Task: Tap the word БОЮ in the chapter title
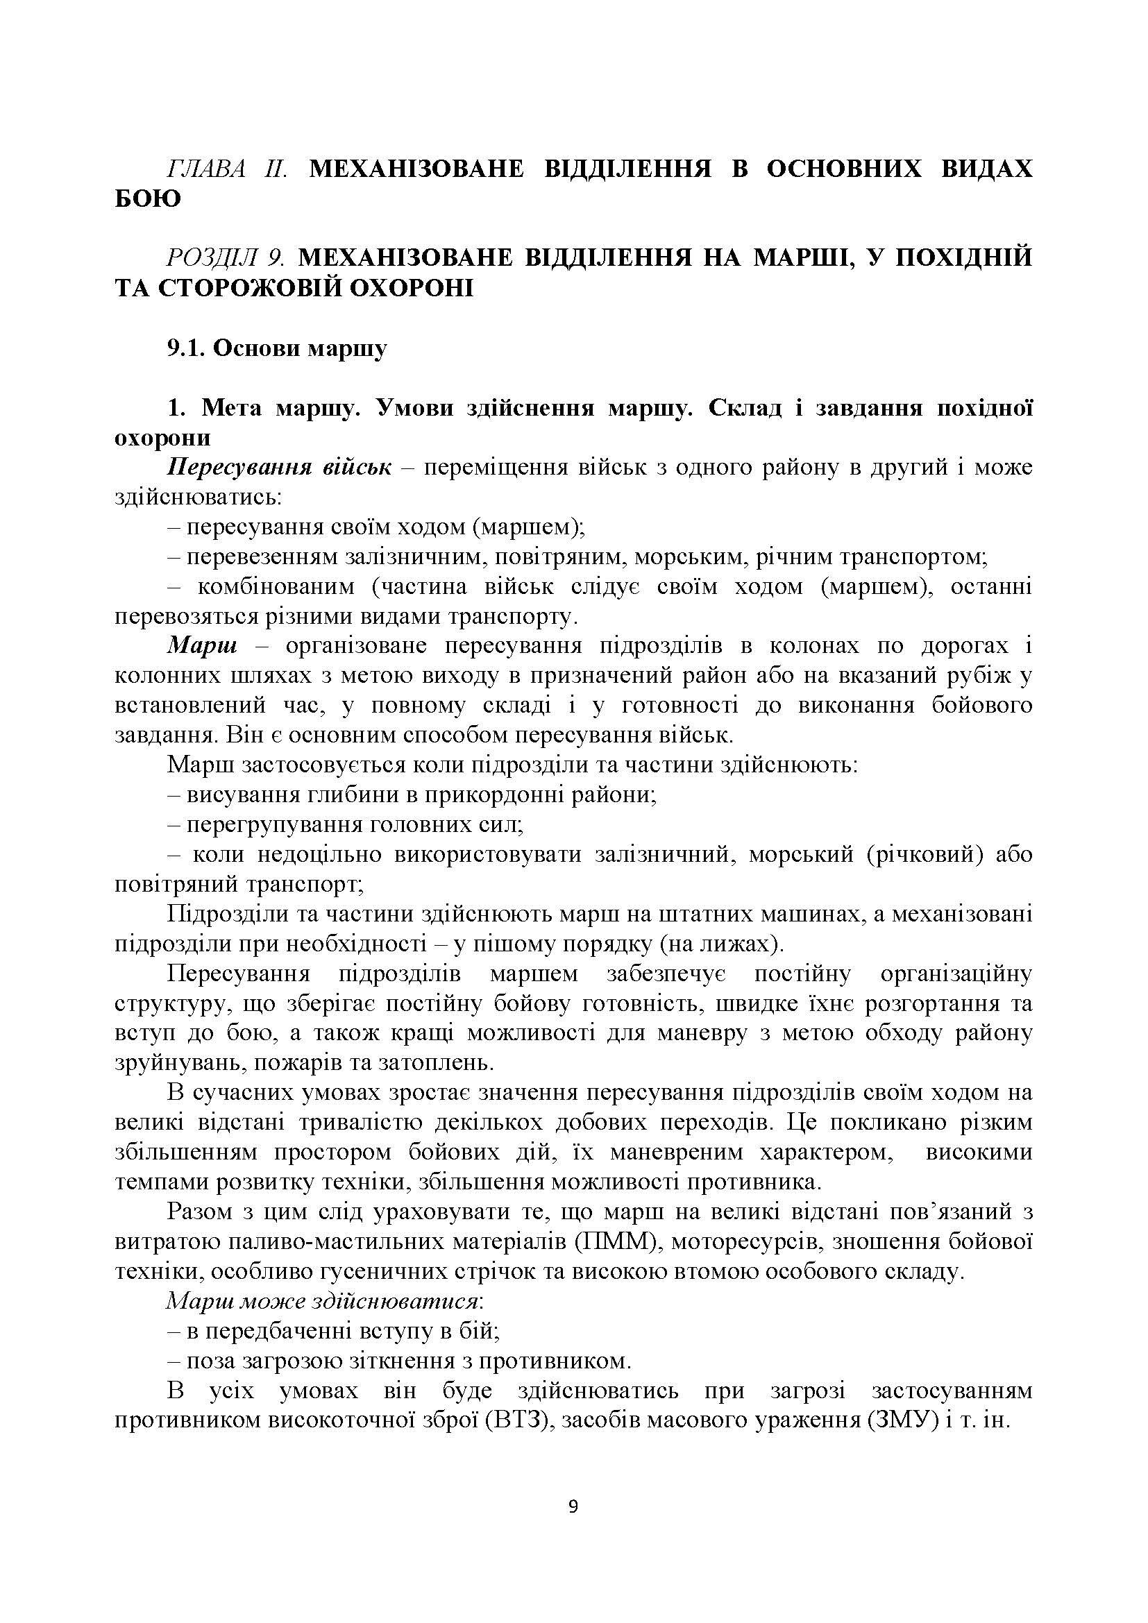[x=148, y=200]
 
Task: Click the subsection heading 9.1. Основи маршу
[x=277, y=349]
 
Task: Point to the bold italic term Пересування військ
[x=278, y=468]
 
